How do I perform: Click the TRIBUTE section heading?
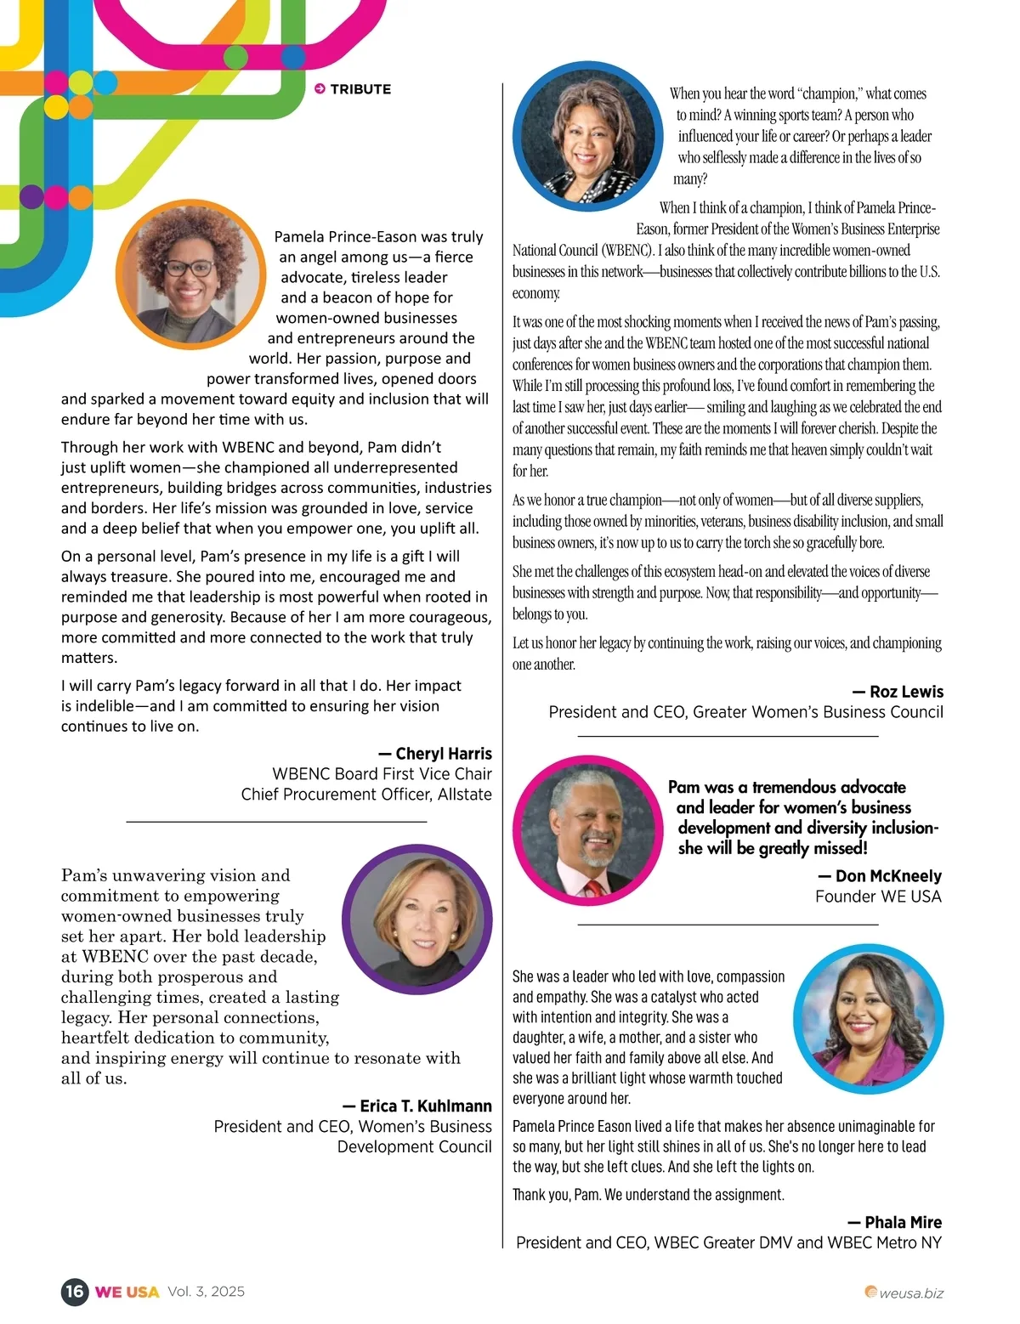coord(360,89)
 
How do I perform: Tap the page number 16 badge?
coord(75,1292)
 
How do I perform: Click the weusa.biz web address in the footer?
coord(910,1293)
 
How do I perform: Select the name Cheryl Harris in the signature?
coord(443,754)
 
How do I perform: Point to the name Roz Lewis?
coord(906,692)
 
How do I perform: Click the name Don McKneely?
coord(888,876)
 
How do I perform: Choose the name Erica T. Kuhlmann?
coord(425,1106)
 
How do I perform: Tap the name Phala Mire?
coord(903,1223)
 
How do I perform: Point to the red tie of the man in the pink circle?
coord(592,890)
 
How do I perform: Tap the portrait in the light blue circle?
coord(869,1019)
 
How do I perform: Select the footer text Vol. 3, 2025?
coord(207,1292)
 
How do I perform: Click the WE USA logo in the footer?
coord(127,1293)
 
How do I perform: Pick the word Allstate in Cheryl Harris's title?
coord(464,795)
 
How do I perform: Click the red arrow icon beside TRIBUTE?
coord(320,89)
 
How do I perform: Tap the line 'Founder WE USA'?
coord(878,897)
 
